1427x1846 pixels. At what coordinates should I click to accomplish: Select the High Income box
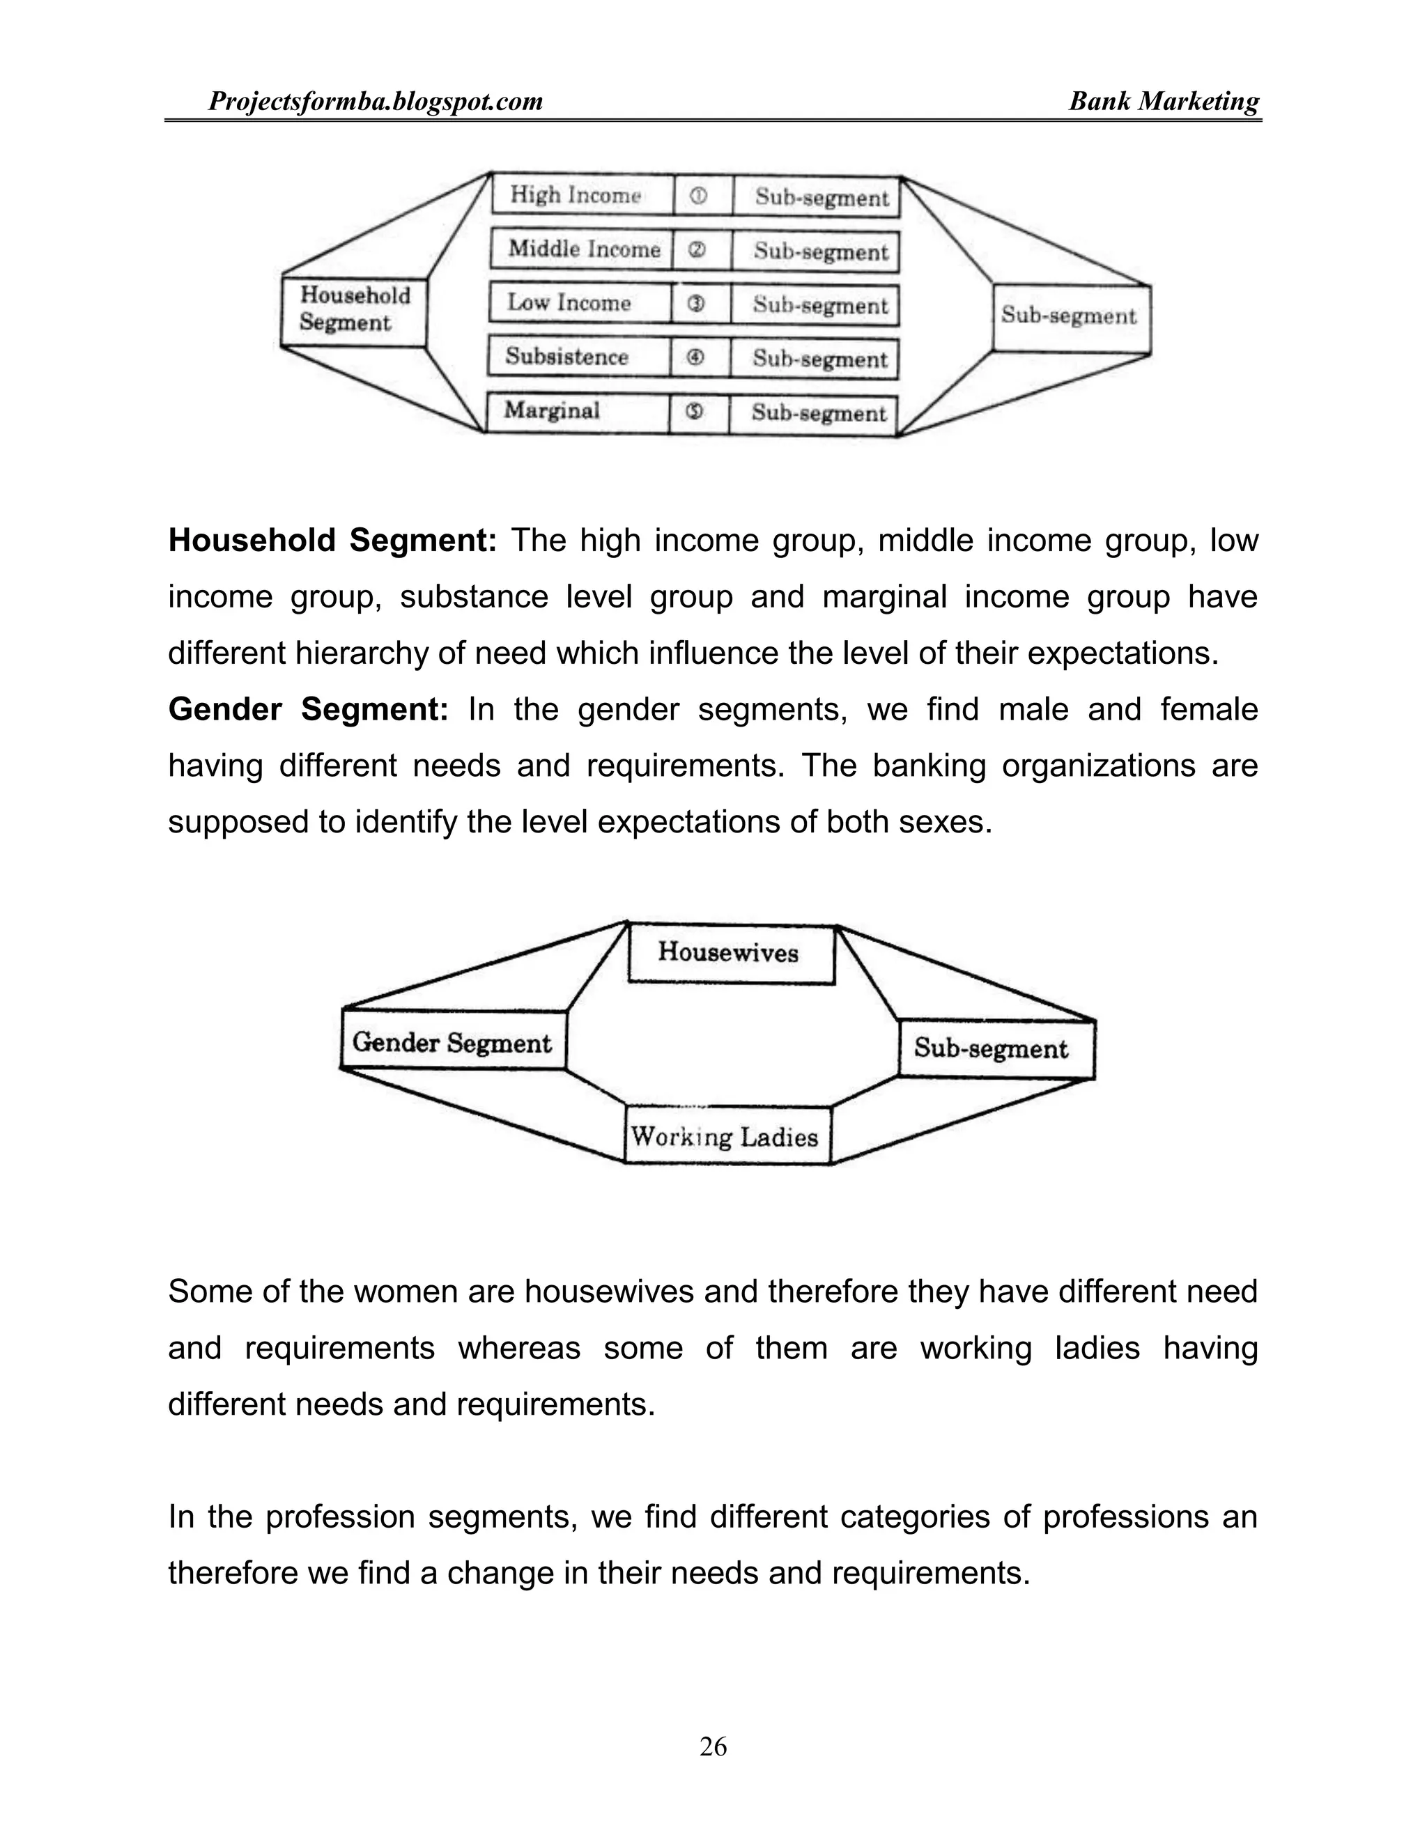point(582,195)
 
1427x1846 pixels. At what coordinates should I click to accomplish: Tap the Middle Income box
point(582,249)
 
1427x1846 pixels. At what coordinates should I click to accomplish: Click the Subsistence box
point(578,357)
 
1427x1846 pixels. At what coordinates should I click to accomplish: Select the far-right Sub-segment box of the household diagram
point(1070,317)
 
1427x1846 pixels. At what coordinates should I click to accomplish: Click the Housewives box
point(730,954)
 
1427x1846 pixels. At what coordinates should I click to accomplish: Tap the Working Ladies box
point(725,1137)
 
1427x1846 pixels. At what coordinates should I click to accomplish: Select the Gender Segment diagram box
point(453,1043)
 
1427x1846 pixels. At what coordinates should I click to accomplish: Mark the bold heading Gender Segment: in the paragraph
point(309,709)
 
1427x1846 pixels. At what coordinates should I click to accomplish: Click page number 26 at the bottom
point(713,1746)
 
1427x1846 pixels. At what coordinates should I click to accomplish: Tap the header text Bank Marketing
point(1163,102)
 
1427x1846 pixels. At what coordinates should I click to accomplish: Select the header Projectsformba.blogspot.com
point(376,102)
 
